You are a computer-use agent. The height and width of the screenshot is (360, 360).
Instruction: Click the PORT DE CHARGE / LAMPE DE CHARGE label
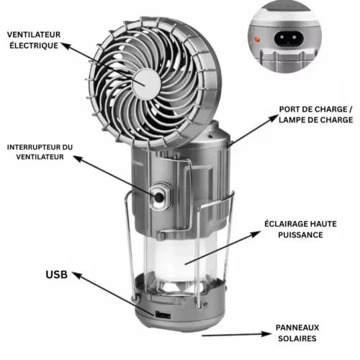315,114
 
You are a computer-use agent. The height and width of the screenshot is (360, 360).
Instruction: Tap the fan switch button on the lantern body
158,194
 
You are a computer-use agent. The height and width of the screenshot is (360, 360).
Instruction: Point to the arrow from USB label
108,292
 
